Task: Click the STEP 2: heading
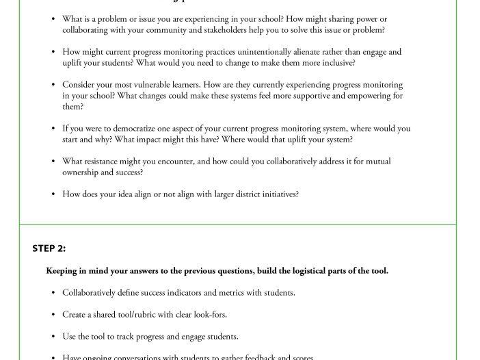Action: pyautogui.click(x=49, y=248)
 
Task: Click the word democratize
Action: pyautogui.click(x=120, y=129)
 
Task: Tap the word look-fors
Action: pyautogui.click(x=208, y=315)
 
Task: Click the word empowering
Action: pyautogui.click(x=368, y=96)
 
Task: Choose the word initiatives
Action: pyautogui.click(x=277, y=194)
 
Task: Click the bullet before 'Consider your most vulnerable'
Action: pyautogui.click(x=53, y=85)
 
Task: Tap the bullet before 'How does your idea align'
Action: pyautogui.click(x=53, y=194)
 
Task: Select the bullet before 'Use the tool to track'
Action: pyautogui.click(x=53, y=337)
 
